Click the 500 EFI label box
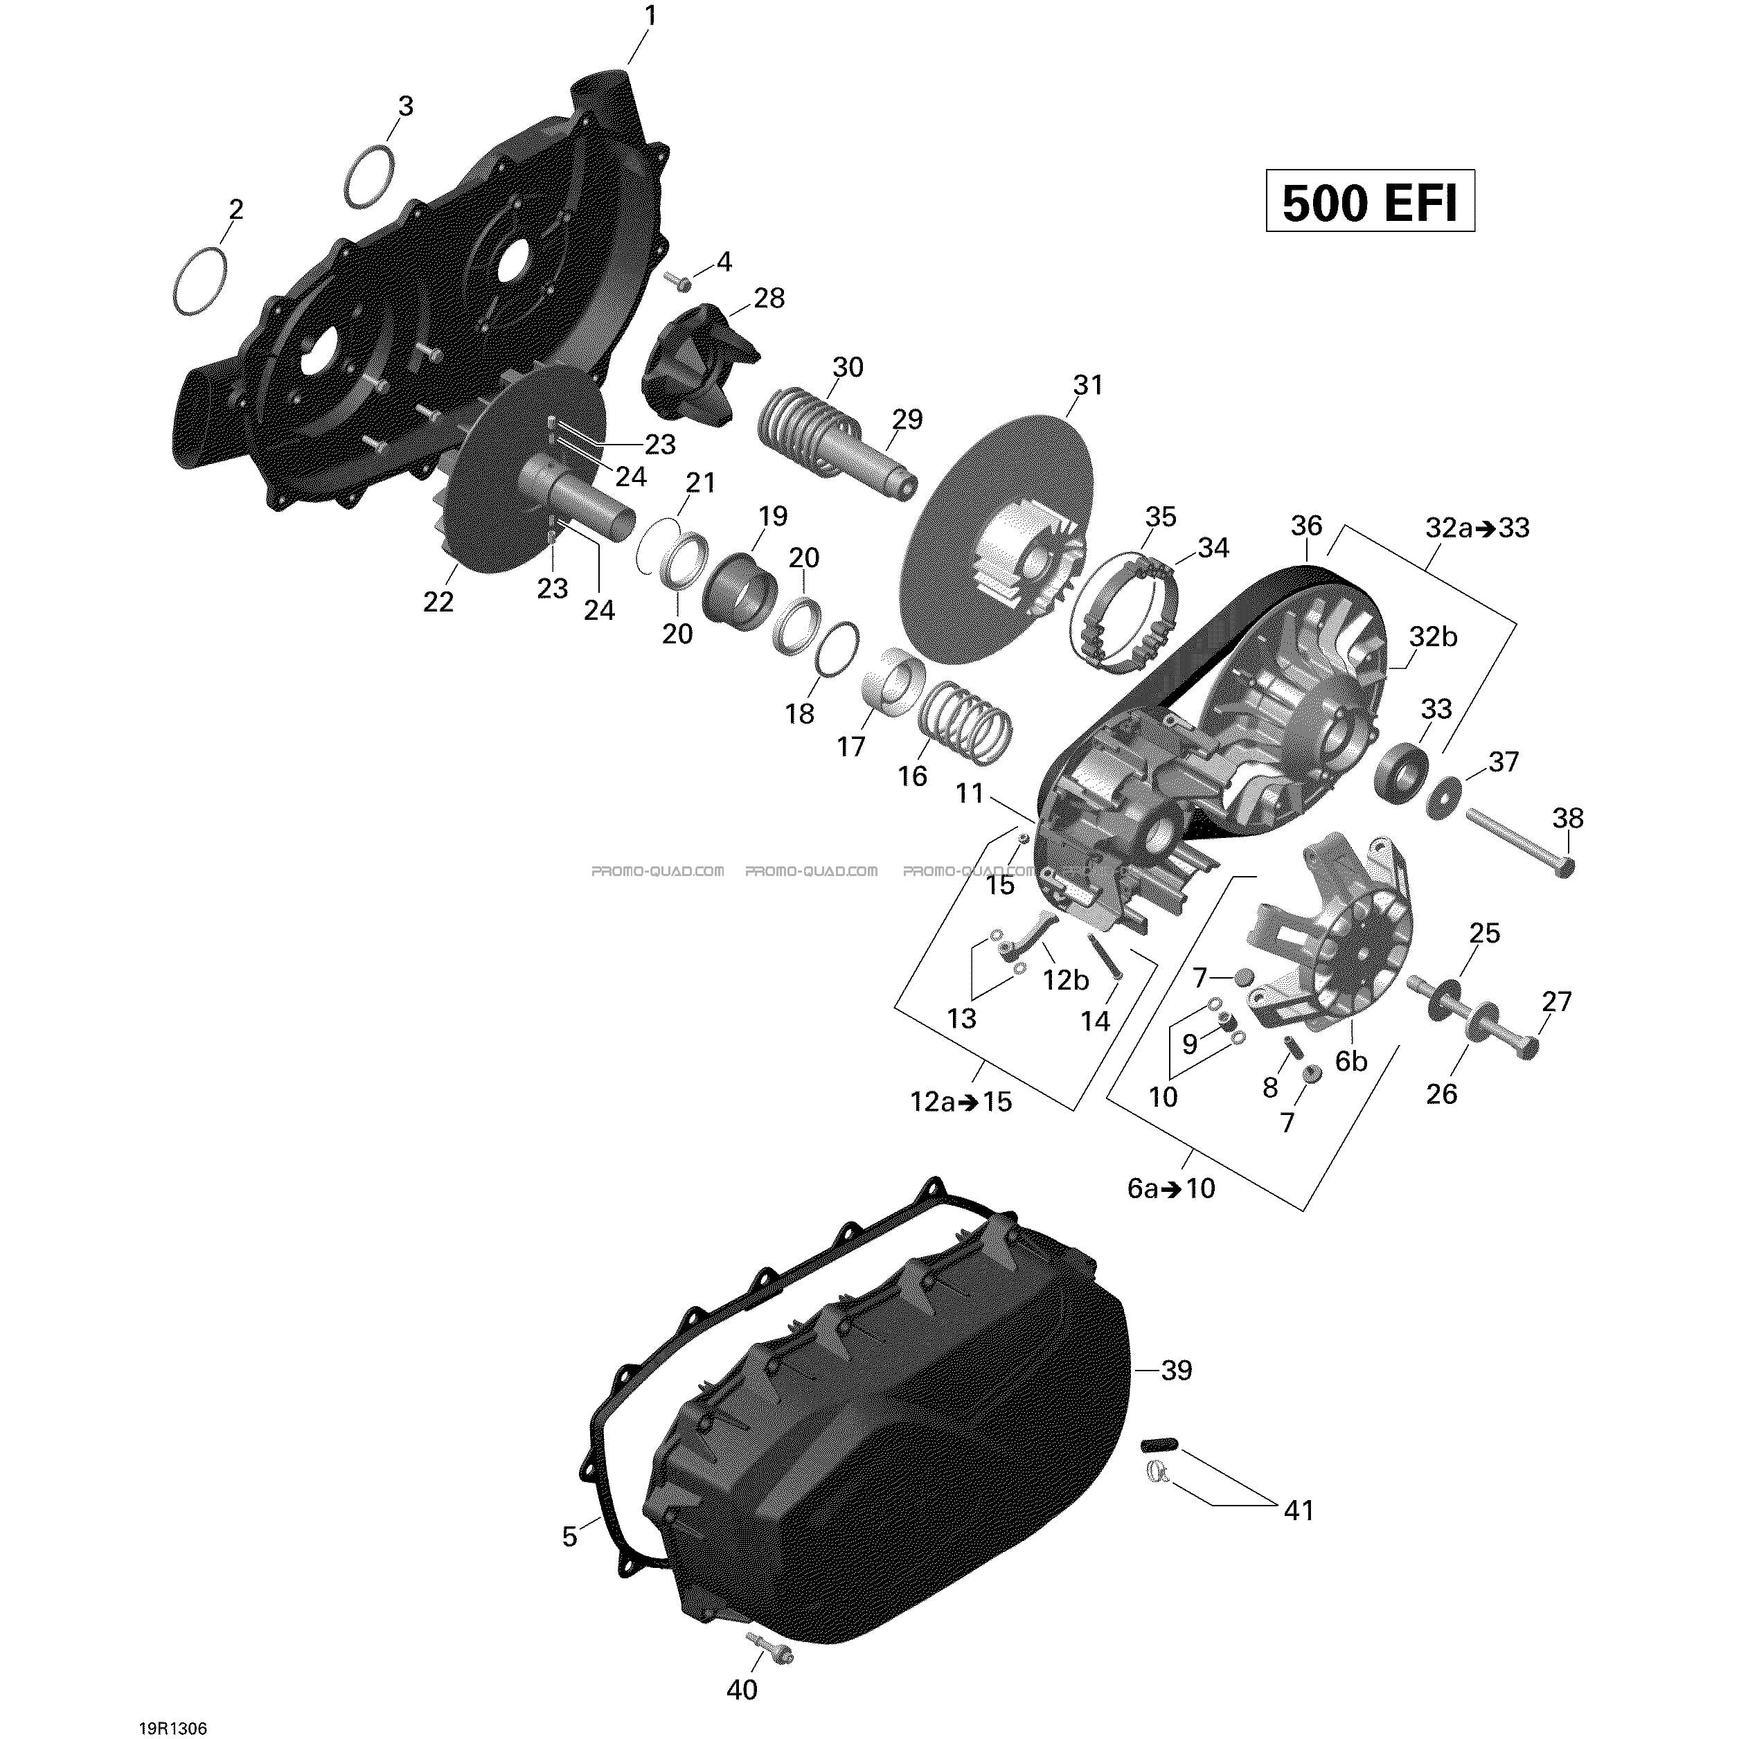pyautogui.click(x=1370, y=201)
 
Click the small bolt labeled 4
pyautogui.click(x=676, y=282)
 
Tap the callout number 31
pyautogui.click(x=1087, y=385)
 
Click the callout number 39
pyautogui.click(x=1177, y=1370)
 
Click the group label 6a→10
pyautogui.click(x=1171, y=1188)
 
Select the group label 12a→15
pyautogui.click(x=961, y=1102)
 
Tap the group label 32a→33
pyautogui.click(x=1478, y=528)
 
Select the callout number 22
pyautogui.click(x=438, y=601)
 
